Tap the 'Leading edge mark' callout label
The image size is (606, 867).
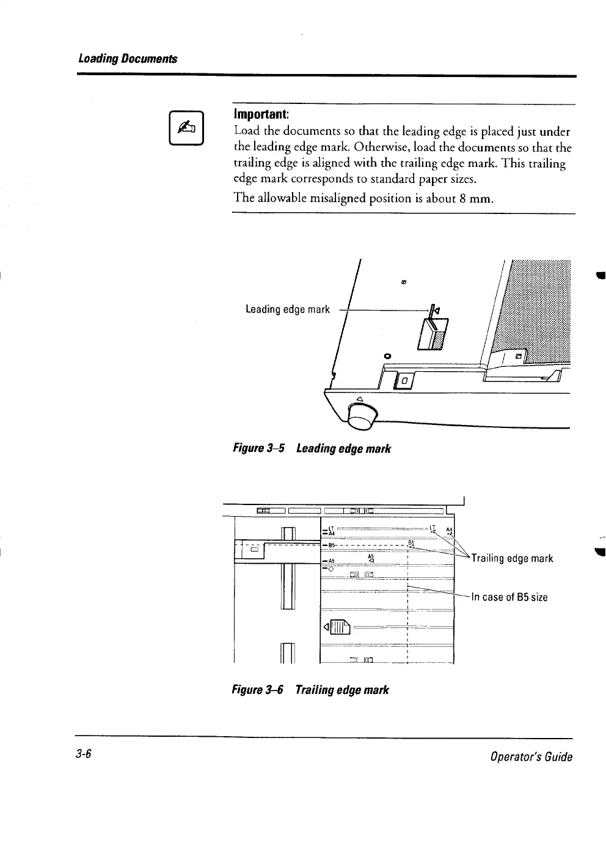(x=287, y=309)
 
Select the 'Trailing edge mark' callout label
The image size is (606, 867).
(x=512, y=558)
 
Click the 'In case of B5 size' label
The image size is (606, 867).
(x=509, y=597)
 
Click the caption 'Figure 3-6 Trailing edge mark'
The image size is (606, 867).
(x=310, y=690)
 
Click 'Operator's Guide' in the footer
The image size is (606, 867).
(x=531, y=757)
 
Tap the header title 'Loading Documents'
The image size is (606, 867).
(x=128, y=59)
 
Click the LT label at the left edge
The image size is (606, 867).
(x=330, y=527)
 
